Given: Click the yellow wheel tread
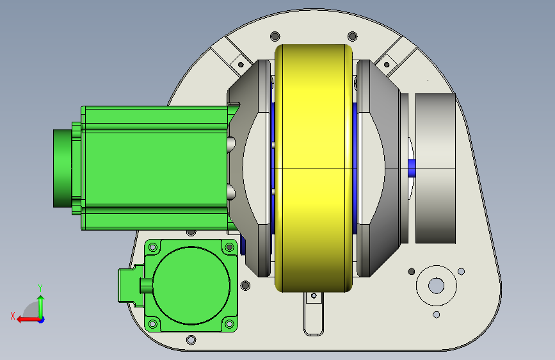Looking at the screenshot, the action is [314, 168].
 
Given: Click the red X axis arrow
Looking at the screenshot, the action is [28, 320].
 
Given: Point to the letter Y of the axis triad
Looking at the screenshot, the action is [40, 288].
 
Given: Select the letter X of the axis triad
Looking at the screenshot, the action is [13, 316].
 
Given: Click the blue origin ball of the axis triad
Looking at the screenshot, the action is [42, 320].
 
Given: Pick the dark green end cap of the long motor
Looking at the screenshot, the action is [62, 168].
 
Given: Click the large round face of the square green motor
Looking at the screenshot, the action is [191, 286].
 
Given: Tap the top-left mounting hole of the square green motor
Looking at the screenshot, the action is [153, 247].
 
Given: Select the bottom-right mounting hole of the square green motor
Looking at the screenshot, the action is [229, 324].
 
